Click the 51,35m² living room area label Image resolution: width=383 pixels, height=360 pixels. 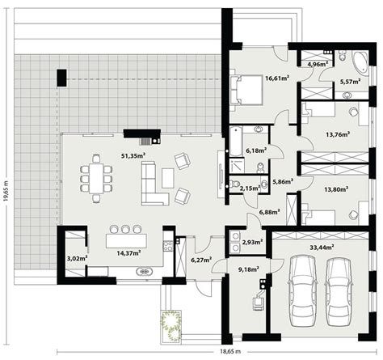pyautogui.click(x=133, y=155)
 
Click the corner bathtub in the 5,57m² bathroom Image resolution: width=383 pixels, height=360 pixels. pyautogui.click(x=360, y=62)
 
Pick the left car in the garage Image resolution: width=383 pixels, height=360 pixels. pyautogui.click(x=301, y=291)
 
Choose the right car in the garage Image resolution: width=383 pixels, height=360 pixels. pyautogui.click(x=339, y=292)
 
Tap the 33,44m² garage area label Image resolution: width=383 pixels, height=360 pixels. pyautogui.click(x=322, y=247)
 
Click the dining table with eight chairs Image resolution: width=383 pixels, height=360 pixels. pyautogui.click(x=96, y=179)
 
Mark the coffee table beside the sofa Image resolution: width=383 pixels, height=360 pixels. pyautogui.click(x=168, y=178)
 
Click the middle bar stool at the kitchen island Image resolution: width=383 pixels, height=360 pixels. pyautogui.click(x=125, y=229)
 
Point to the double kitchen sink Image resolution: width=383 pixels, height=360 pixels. pyautogui.click(x=145, y=271)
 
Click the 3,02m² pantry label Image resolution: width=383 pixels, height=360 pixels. pyautogui.click(x=77, y=258)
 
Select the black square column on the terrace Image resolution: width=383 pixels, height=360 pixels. pyautogui.click(x=61, y=78)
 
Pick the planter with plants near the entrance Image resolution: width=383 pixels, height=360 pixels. pyautogui.click(x=170, y=325)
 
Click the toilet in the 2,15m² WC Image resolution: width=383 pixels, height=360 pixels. pyautogui.click(x=235, y=184)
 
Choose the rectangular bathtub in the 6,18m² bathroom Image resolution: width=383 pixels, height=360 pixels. pyautogui.click(x=236, y=142)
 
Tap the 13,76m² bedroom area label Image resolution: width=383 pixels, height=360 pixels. pyautogui.click(x=338, y=134)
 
